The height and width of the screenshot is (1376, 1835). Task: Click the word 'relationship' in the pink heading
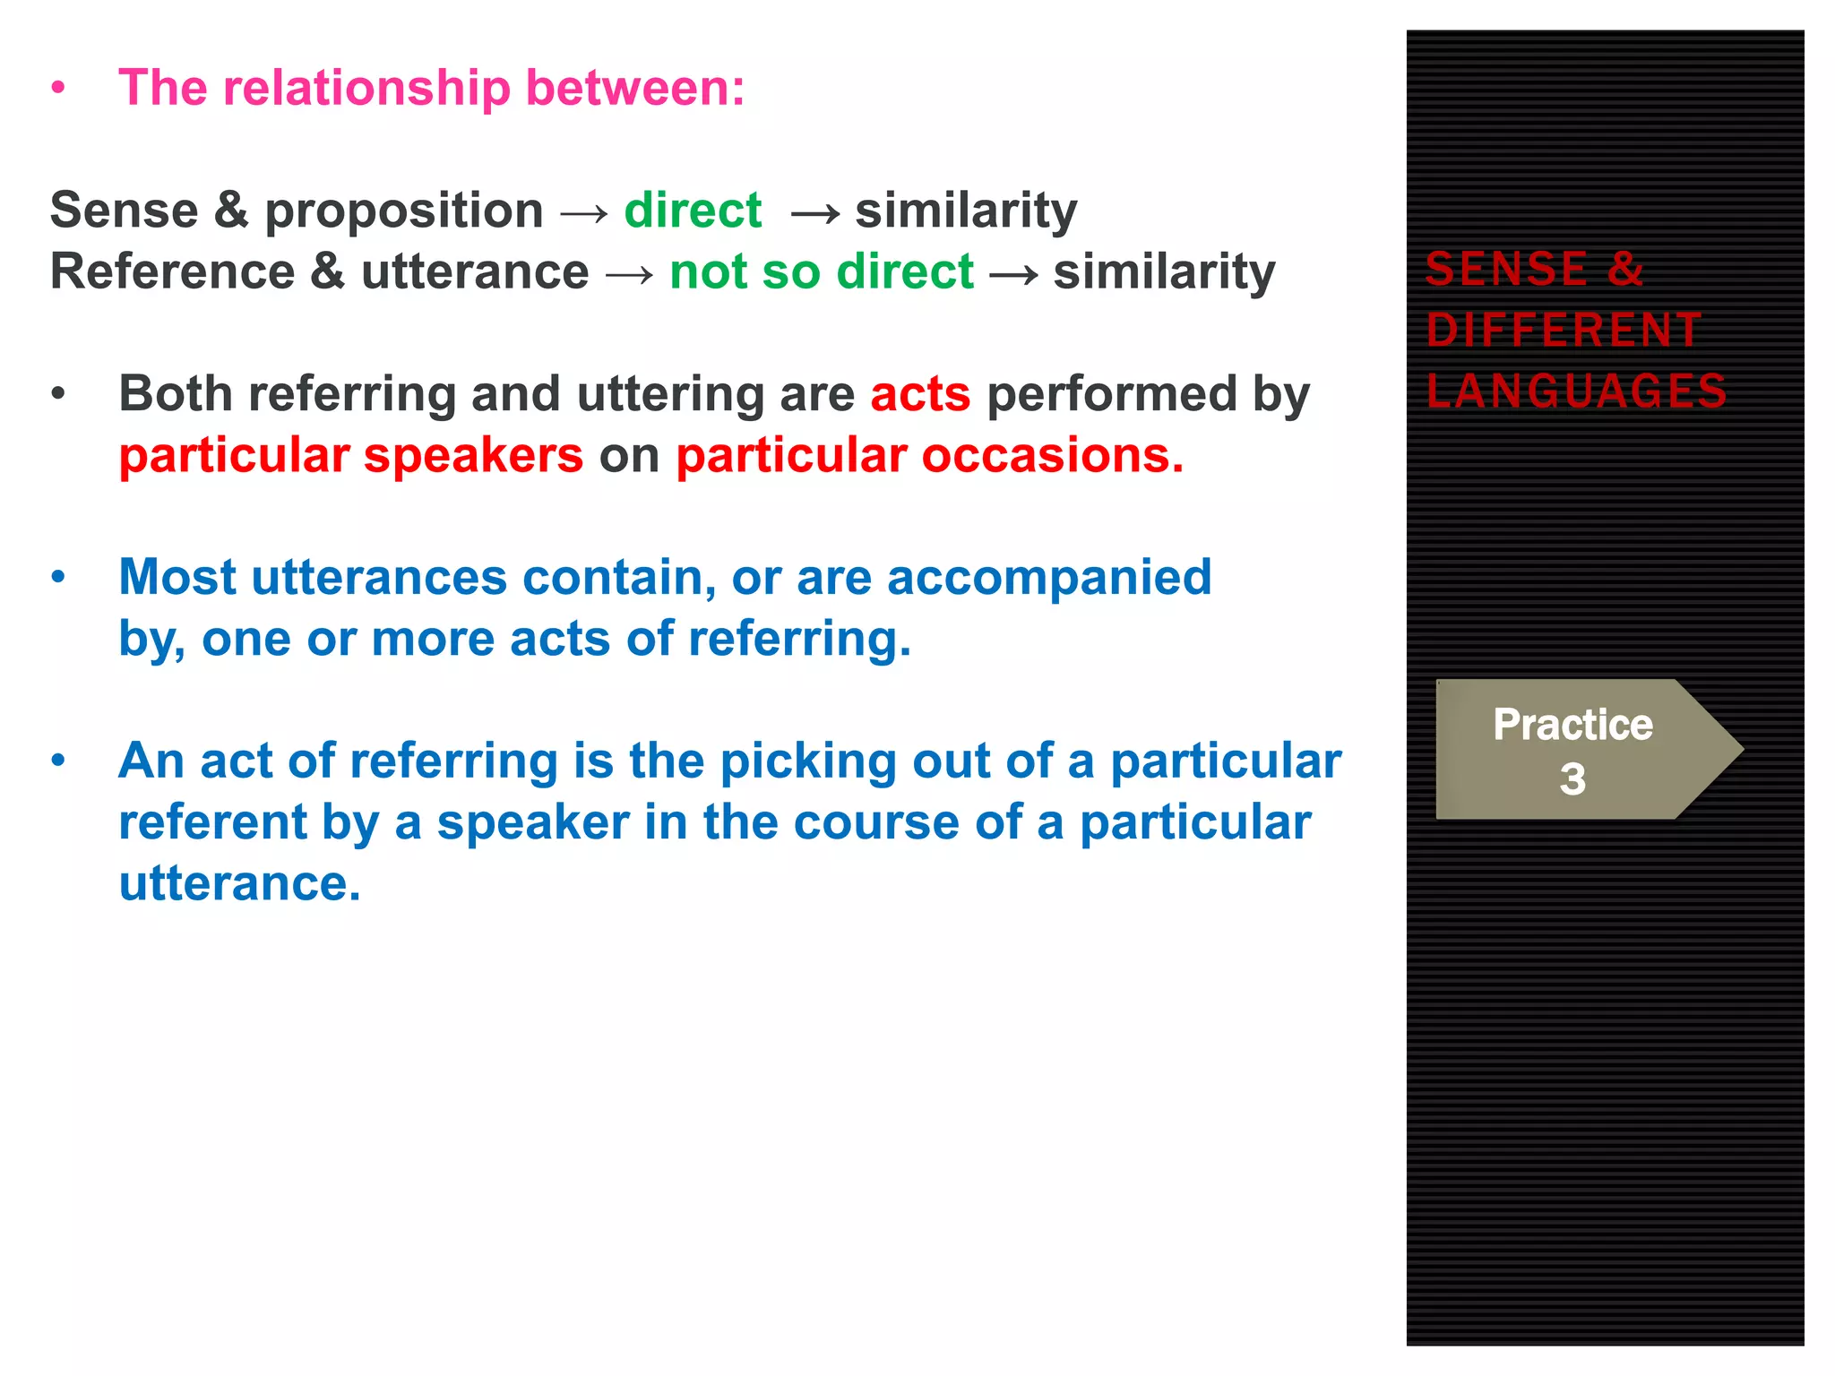[366, 89]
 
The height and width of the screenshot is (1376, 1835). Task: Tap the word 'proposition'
[404, 211]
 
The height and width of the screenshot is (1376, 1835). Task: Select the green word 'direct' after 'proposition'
[693, 211]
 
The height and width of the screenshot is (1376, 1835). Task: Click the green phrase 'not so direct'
[821, 272]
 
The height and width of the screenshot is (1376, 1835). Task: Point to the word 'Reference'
[172, 272]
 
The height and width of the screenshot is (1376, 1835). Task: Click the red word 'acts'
[920, 394]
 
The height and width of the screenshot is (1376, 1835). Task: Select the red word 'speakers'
[473, 456]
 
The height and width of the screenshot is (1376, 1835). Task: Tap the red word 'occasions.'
[1052, 456]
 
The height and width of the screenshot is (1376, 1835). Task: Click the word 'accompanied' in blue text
[1048, 578]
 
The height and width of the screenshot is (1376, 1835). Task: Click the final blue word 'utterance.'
[239, 884]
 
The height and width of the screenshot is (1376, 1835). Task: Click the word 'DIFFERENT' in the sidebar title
[1564, 330]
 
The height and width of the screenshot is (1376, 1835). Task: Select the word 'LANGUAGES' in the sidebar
[1576, 391]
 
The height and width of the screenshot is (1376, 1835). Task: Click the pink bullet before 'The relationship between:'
[58, 89]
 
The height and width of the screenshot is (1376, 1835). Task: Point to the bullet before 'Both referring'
[58, 394]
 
